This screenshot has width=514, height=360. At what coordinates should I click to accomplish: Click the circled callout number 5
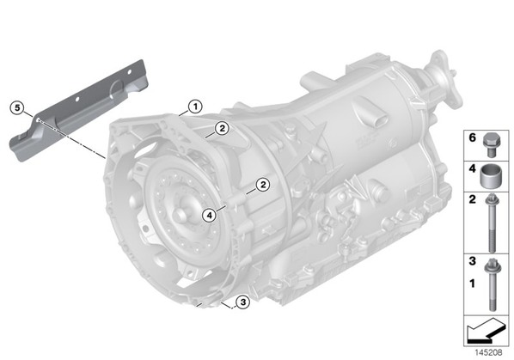17,107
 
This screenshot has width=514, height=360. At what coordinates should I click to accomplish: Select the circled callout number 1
195,107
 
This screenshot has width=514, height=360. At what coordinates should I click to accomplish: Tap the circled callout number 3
243,302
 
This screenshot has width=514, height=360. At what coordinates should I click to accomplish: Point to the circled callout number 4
209,215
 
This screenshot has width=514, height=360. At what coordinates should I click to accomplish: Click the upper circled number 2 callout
222,128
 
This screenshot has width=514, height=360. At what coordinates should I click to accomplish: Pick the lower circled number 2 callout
263,185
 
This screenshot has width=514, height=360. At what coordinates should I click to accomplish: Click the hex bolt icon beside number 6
490,146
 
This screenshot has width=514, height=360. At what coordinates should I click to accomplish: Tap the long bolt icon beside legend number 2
491,223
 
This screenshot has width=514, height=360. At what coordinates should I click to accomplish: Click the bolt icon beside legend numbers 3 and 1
491,284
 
